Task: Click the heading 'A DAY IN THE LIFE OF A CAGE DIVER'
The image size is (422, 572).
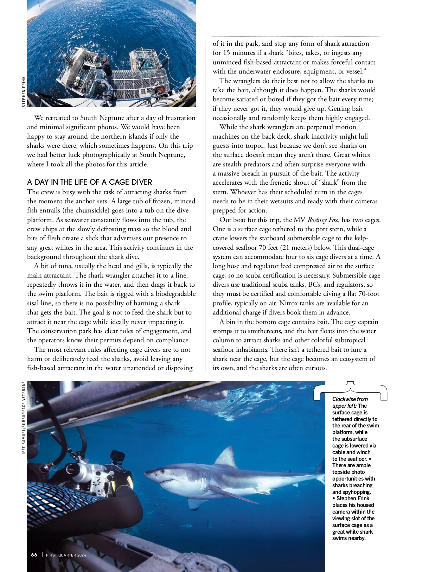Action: pos(90,182)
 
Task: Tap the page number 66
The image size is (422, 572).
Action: pos(34,555)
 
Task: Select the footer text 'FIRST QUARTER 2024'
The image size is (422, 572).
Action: pos(66,555)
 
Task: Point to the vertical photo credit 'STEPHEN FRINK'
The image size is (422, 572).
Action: pos(24,91)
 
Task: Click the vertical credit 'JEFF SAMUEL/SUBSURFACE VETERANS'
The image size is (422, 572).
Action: pos(24,418)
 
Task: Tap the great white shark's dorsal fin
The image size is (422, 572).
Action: pos(226,457)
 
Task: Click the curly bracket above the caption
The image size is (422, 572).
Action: pos(350,387)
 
